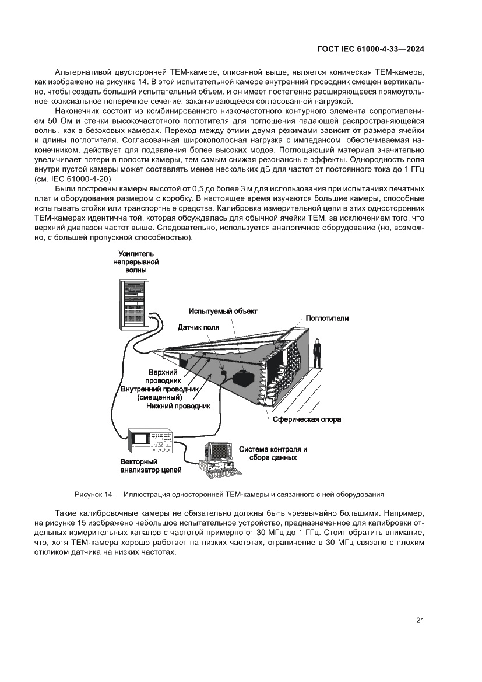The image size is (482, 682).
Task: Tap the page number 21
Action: tap(420, 620)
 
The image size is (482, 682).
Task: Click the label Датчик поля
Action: tap(198, 328)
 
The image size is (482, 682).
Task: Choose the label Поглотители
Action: tap(328, 319)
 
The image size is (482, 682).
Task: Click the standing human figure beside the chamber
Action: tap(317, 354)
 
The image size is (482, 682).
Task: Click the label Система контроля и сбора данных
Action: tap(273, 453)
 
